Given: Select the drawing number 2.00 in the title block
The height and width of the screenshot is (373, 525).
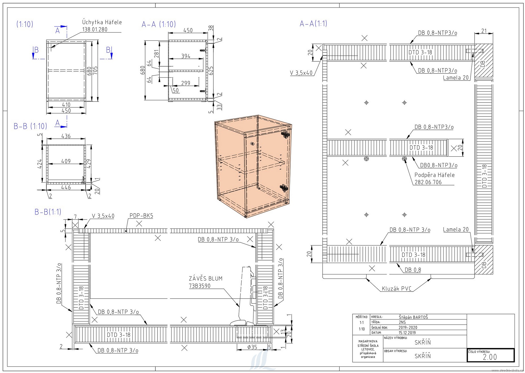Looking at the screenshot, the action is [x=490, y=357].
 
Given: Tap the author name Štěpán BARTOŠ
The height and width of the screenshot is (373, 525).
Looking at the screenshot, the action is [x=413, y=317].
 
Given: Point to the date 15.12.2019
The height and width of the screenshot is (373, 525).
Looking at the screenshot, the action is [x=407, y=333].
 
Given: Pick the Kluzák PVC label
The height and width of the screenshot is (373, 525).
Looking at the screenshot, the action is [x=396, y=289].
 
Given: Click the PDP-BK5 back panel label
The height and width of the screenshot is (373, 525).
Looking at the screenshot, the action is [x=141, y=216].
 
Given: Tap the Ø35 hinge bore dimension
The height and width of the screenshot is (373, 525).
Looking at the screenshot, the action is [x=252, y=347].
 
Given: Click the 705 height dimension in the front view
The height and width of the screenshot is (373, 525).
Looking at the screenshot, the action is [x=95, y=70].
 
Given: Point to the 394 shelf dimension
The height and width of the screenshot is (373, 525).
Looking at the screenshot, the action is [x=186, y=56].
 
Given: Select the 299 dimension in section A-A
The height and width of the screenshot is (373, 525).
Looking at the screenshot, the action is [x=186, y=83].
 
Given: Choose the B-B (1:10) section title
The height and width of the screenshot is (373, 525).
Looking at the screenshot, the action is [x=30, y=126].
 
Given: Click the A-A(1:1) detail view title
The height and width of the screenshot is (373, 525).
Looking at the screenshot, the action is [x=313, y=24].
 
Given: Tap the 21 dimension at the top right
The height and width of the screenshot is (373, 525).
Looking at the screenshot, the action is [x=484, y=31].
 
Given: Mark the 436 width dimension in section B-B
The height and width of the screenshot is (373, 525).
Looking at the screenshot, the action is [x=66, y=136].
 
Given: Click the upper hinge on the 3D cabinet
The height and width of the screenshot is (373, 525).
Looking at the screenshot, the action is [x=285, y=135].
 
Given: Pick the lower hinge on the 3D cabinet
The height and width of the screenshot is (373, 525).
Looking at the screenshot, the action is [x=284, y=188].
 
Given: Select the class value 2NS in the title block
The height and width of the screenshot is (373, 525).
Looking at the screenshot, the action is [x=402, y=322].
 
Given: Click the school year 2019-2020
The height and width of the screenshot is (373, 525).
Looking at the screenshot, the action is [x=408, y=328].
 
